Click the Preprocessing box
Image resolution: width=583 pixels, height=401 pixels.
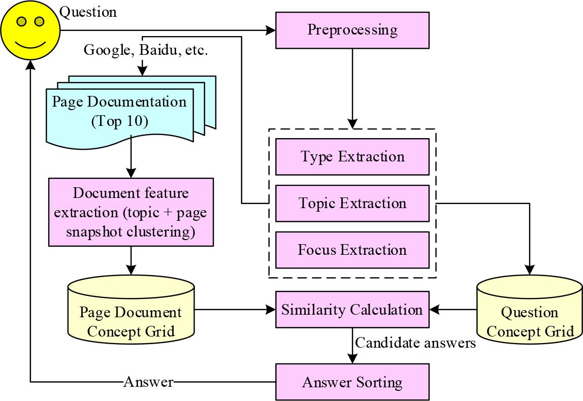point(352,29)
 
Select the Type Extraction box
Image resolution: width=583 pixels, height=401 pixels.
point(352,156)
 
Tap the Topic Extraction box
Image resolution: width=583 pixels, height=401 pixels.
point(352,204)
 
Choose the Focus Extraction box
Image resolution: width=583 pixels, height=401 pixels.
point(352,250)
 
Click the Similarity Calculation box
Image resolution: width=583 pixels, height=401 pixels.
point(352,310)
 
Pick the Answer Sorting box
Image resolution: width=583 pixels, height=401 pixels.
point(352,382)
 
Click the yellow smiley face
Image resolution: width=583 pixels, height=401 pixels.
point(30,30)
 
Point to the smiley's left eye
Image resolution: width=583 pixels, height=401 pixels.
point(22,22)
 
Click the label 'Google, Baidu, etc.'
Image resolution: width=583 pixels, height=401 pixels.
point(145,51)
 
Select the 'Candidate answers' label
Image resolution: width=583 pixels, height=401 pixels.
point(415,344)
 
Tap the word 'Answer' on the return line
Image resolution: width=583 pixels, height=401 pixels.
point(148,382)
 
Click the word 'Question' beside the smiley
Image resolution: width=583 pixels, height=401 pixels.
point(88,11)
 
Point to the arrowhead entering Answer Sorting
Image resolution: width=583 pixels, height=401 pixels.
point(352,359)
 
